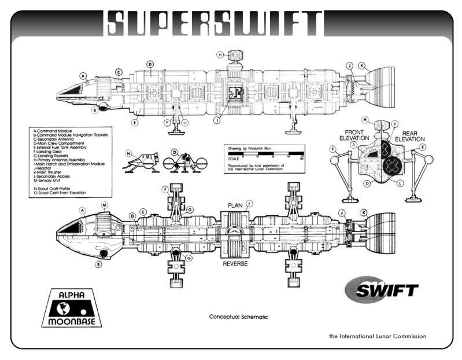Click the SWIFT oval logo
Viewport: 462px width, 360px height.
coord(381,289)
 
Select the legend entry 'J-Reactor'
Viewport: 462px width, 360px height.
coord(47,168)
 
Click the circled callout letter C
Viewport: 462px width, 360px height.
coord(119,72)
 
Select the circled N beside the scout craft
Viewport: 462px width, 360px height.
coord(130,153)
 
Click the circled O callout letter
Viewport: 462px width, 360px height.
coord(174,153)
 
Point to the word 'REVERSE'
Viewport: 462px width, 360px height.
coord(235,263)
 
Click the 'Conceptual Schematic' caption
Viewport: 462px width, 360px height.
coord(238,317)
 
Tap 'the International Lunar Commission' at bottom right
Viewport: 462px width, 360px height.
coord(378,336)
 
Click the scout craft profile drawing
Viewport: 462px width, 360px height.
coord(140,163)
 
